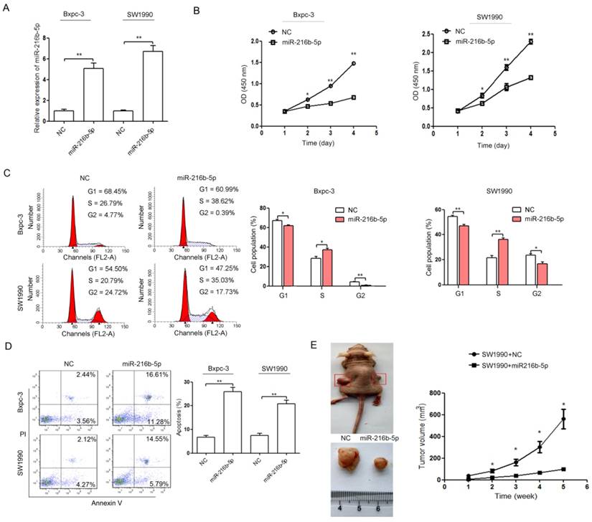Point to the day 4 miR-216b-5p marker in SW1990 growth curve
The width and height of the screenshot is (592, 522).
click(x=530, y=77)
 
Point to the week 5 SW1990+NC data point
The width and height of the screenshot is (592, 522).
click(x=543, y=419)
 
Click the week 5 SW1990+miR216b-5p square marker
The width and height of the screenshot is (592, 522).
click(x=543, y=470)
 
